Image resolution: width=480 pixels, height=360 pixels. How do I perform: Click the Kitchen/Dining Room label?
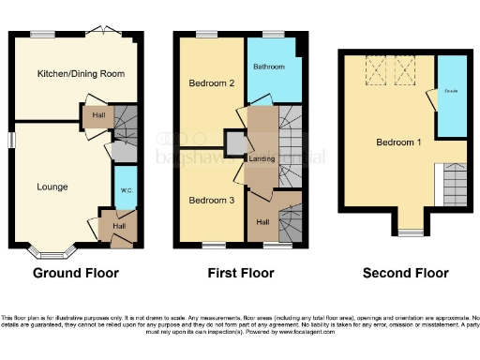coord(81,73)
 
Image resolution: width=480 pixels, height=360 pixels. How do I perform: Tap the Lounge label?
coord(52,187)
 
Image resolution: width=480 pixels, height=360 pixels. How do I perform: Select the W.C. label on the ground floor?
coord(126,192)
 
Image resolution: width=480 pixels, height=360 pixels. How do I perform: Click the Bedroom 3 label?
coord(210,201)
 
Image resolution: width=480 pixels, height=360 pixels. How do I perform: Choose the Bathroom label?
coord(272,67)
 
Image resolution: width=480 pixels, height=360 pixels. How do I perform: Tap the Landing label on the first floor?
coord(261,158)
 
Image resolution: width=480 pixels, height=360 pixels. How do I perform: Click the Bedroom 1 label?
coord(398,143)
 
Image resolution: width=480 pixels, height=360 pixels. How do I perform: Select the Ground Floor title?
coord(76,274)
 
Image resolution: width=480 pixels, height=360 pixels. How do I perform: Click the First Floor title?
coord(241,274)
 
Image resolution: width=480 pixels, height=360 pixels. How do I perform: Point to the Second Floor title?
coord(406,274)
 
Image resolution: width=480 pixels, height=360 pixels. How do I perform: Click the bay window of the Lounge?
coord(51,251)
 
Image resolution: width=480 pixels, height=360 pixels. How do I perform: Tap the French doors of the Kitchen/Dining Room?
coord(100,32)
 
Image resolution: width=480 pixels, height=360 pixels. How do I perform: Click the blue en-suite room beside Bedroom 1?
coord(451,97)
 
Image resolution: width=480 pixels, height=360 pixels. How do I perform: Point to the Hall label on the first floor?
coord(263,222)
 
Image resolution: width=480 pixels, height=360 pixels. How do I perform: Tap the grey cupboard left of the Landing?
coord(232,142)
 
